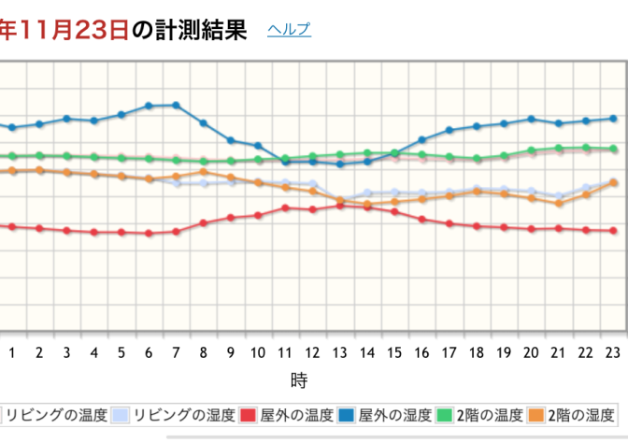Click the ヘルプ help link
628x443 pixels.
(x=289, y=30)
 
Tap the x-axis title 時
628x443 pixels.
(x=299, y=380)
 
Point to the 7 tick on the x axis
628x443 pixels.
(x=176, y=352)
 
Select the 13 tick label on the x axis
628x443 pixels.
(x=340, y=352)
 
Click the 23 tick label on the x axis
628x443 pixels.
(x=613, y=352)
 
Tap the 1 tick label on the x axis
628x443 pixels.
(x=12, y=352)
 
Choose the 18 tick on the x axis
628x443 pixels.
(x=477, y=352)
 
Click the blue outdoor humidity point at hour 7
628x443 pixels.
(x=176, y=105)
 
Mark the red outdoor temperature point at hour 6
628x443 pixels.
(x=149, y=233)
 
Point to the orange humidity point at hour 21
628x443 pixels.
(x=559, y=203)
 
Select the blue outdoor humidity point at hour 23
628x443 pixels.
(x=613, y=118)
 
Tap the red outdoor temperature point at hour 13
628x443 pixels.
(x=340, y=205)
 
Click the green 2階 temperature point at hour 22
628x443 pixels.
(x=586, y=147)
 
